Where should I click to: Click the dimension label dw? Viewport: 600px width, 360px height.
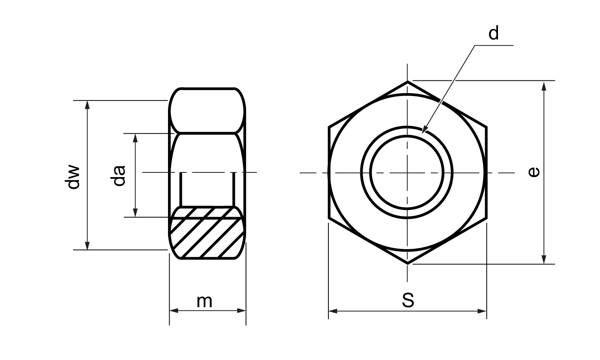(72, 176)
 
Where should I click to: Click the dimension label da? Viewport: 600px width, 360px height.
(118, 176)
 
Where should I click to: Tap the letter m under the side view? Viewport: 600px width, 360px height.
(204, 302)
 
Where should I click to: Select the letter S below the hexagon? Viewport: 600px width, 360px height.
(408, 300)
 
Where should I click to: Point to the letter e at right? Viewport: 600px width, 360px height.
(534, 172)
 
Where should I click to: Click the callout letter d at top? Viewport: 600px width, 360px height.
(493, 33)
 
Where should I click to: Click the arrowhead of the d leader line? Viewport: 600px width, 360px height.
(424, 129)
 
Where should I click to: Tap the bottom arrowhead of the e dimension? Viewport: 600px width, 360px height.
(544, 259)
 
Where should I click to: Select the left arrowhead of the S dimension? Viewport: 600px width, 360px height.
(333, 311)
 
